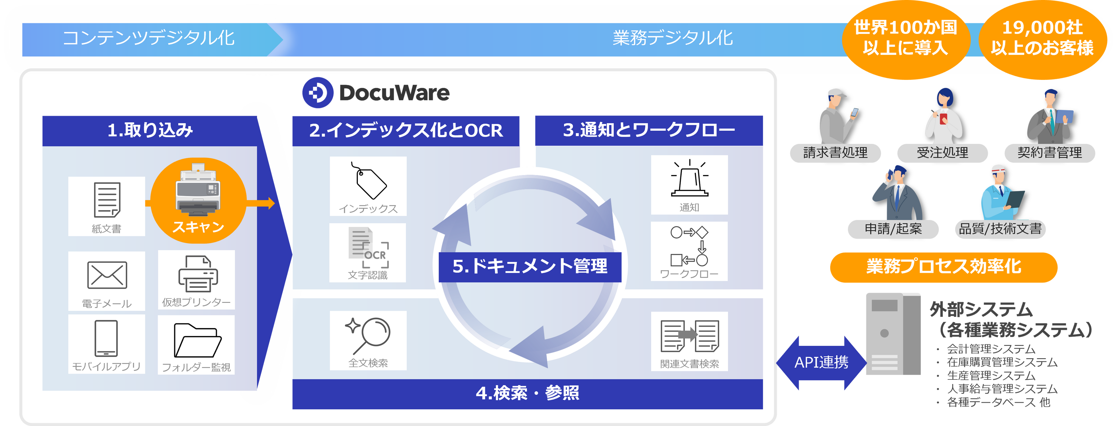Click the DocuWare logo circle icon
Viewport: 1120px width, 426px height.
318,92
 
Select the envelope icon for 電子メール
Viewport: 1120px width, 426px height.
107,275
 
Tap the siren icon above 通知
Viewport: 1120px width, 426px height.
690,179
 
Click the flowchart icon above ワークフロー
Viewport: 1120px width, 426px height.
690,246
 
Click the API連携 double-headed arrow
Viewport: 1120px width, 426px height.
821,363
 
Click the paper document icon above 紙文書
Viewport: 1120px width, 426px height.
107,200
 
